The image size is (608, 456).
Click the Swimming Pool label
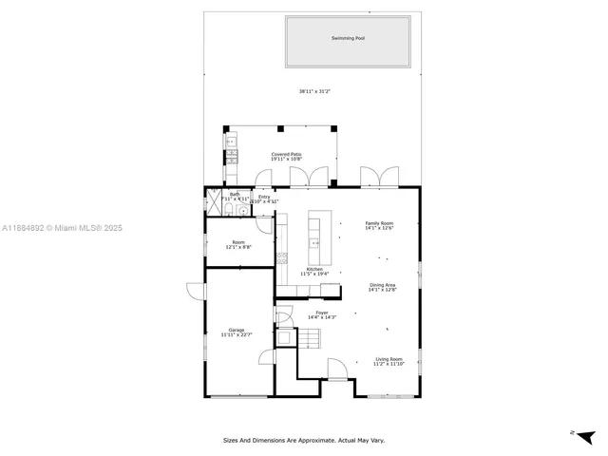tap(348, 39)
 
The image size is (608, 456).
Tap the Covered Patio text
tap(286, 154)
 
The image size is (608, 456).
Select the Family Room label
tap(379, 223)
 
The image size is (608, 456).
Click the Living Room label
tap(388, 359)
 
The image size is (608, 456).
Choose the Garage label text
tap(236, 330)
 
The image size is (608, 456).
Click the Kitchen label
tap(314, 269)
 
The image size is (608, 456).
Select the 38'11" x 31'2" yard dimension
tap(314, 91)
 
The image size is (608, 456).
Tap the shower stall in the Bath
tap(213, 201)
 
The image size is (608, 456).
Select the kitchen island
tap(315, 239)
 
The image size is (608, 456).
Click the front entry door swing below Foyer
tap(337, 369)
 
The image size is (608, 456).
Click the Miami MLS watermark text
tap(62, 228)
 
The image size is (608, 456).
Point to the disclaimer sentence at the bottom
tap(304, 440)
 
